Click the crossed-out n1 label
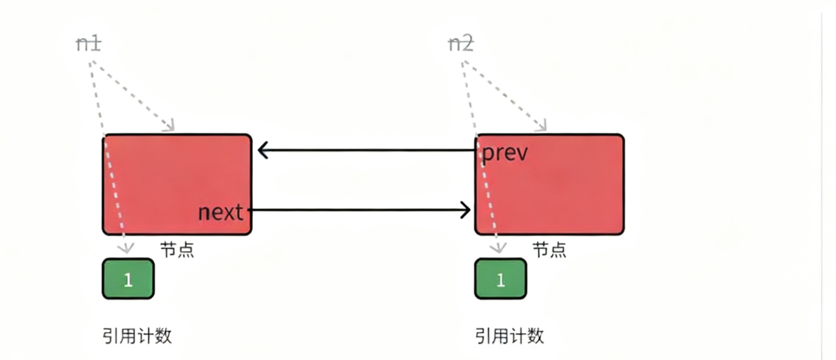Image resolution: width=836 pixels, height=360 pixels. tap(89, 44)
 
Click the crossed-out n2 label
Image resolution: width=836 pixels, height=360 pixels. tap(460, 44)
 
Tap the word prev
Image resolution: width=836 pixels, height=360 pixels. tap(505, 153)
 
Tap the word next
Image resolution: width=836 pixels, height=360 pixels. tap(220, 212)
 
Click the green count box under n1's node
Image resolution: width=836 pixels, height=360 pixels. tap(128, 279)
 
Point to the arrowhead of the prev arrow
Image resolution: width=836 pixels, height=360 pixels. tap(262, 151)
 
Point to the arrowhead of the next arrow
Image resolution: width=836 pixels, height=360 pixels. tap(467, 210)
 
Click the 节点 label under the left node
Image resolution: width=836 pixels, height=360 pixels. tap(177, 250)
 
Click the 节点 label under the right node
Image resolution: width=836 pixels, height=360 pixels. tap(549, 250)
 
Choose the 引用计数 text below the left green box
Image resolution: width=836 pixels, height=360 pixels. tap(137, 336)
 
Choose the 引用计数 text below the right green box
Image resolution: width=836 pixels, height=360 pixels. tap(509, 336)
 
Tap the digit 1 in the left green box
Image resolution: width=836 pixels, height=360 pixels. tap(128, 280)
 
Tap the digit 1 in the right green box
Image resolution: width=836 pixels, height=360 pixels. tap(500, 280)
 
